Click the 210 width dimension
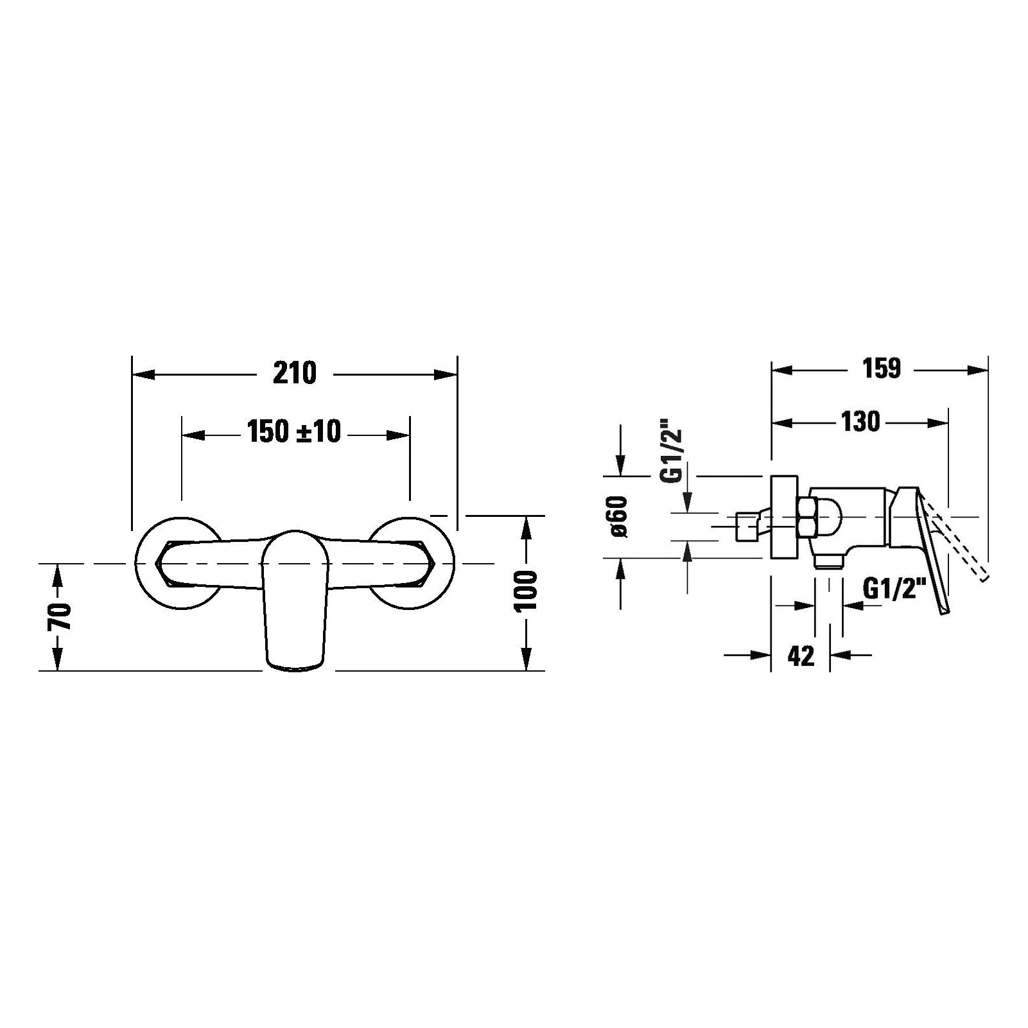click(295, 373)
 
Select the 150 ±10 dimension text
click(294, 431)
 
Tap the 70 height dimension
click(60, 617)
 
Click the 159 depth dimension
click(882, 369)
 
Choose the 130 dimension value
click(860, 422)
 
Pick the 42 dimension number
click(800, 656)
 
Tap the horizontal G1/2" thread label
click(894, 588)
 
